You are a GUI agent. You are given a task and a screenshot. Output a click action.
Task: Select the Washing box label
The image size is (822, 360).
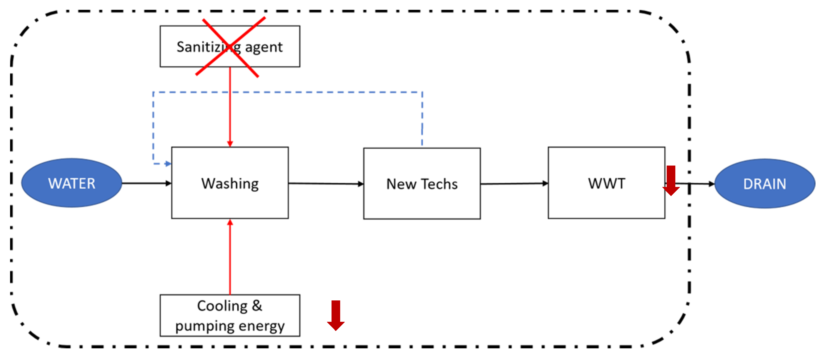(230, 184)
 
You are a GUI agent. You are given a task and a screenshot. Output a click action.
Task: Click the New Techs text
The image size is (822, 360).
(422, 184)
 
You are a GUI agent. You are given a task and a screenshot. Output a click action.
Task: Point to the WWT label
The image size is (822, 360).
(607, 184)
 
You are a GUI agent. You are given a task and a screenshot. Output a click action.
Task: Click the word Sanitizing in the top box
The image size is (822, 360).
(204, 47)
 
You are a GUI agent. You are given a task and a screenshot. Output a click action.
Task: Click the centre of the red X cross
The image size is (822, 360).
(230, 47)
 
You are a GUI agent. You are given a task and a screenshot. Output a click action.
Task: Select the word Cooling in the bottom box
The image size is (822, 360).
(222, 306)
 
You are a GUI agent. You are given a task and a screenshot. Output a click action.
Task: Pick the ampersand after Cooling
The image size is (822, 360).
(257, 306)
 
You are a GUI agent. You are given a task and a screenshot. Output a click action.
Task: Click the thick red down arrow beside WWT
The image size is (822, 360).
(671, 181)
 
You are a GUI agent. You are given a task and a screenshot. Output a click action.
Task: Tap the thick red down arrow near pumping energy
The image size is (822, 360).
(336, 315)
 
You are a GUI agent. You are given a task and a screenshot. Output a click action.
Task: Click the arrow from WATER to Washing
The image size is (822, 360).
(147, 183)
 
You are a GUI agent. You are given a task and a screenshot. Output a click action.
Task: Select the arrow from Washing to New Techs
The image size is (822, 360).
(325, 184)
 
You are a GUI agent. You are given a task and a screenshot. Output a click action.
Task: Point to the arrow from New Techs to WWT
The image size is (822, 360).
(514, 184)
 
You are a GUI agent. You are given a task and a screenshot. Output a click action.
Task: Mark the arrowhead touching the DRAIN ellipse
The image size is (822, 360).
(711, 184)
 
